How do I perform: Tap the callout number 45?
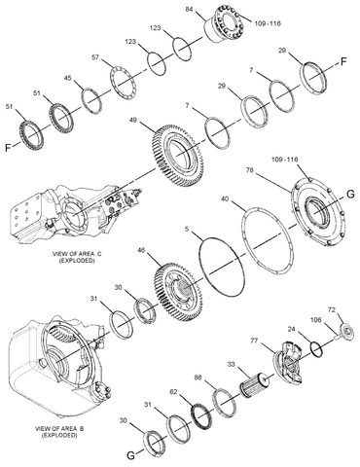(x=67, y=78)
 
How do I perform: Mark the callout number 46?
(x=141, y=251)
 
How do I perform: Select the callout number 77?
(x=255, y=341)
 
